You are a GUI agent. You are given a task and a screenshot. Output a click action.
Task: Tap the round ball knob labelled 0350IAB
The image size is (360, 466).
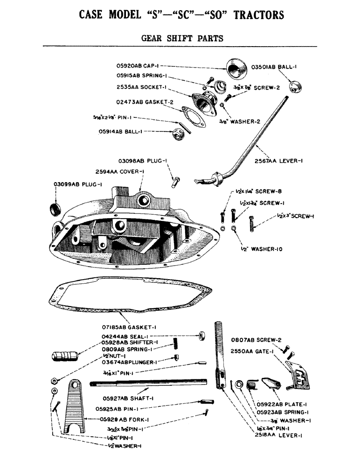[x=295, y=87]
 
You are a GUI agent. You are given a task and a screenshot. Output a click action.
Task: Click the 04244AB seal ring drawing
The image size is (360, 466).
[x=202, y=335]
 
